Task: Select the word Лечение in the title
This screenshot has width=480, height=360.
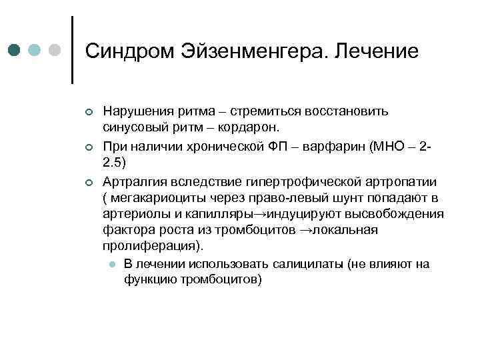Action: coord(377,51)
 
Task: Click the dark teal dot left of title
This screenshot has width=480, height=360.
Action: coord(15,51)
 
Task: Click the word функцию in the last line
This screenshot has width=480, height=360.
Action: coord(149,279)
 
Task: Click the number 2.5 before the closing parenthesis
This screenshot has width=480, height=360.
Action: coord(112,162)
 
